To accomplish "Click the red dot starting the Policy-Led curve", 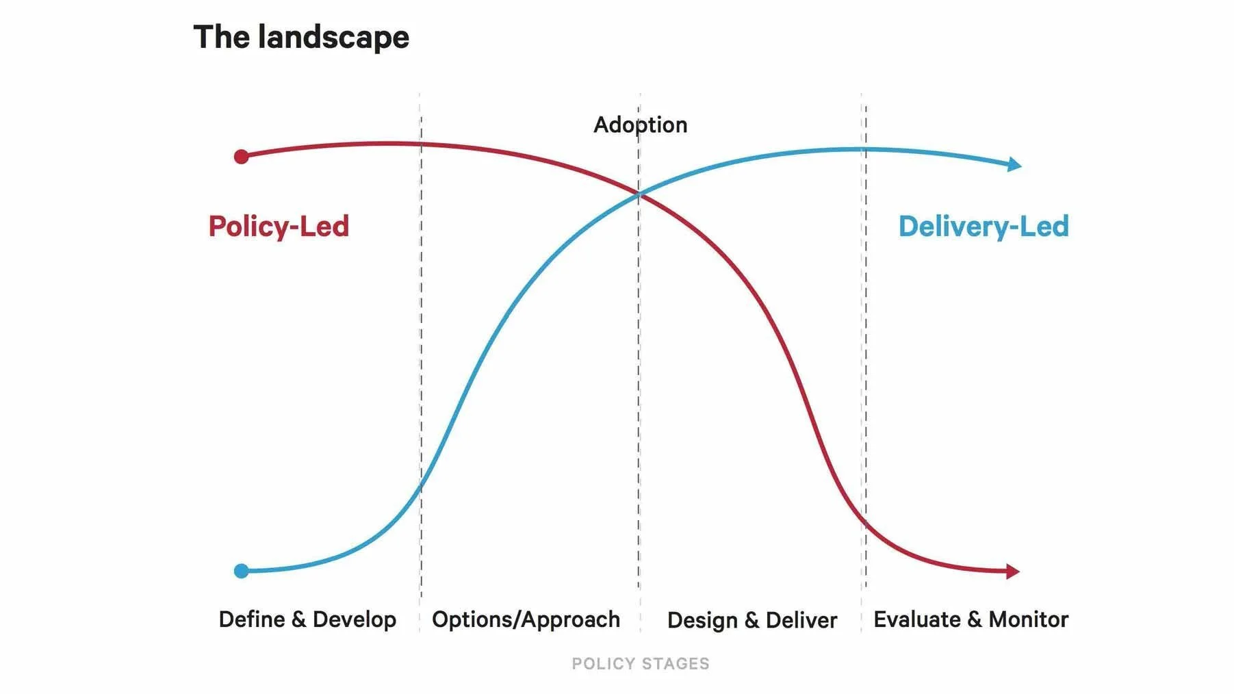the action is [241, 157].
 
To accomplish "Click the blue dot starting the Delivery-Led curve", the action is [241, 571].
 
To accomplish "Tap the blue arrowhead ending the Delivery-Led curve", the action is [1015, 164].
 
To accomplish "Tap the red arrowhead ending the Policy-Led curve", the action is [1013, 571].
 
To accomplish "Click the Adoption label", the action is [640, 125].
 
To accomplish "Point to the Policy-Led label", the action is [279, 227].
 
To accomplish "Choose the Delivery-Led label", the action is [984, 227].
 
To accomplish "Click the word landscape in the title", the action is [333, 37].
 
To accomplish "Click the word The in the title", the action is [221, 37].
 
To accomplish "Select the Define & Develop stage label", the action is [307, 619].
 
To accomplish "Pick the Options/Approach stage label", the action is [526, 619].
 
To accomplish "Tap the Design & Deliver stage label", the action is [751, 620].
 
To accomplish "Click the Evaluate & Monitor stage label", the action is [971, 619].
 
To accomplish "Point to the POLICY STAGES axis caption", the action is [641, 663].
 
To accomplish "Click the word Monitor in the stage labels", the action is [1028, 619].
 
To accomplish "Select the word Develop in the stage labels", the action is [355, 620].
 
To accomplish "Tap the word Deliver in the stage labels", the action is [801, 620].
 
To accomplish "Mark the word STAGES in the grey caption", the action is [676, 663].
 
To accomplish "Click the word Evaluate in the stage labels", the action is [917, 619].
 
